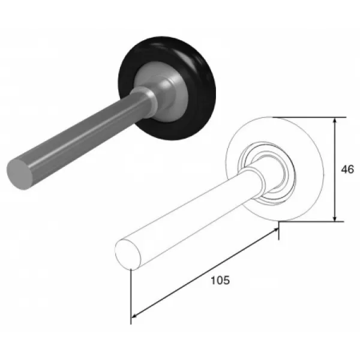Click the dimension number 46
(347, 169)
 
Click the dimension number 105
(220, 280)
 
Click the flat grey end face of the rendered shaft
(19, 174)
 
